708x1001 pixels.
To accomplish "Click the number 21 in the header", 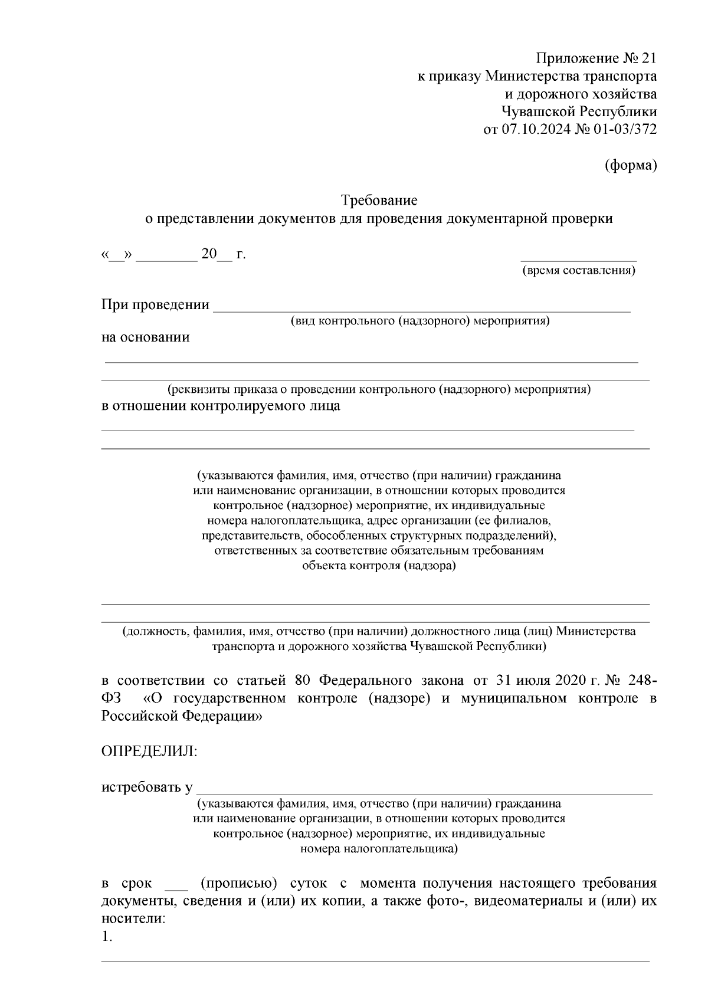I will coord(648,59).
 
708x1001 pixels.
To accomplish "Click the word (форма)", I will coord(631,166).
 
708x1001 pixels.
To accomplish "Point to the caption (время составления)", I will coord(578,271).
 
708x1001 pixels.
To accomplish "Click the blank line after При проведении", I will coord(421,306).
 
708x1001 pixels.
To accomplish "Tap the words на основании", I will coord(146,337).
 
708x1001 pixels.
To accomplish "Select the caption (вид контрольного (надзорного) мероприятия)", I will coord(419,321).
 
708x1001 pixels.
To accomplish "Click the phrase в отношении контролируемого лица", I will coord(221,406).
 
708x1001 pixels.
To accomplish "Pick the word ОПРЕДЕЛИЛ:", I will coord(150,751).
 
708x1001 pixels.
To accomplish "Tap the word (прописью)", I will coord(239,884).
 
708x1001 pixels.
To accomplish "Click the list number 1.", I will coord(107,937).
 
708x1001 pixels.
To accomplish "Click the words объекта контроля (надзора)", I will coord(379,566).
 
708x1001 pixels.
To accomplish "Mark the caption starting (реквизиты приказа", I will coord(379,389).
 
